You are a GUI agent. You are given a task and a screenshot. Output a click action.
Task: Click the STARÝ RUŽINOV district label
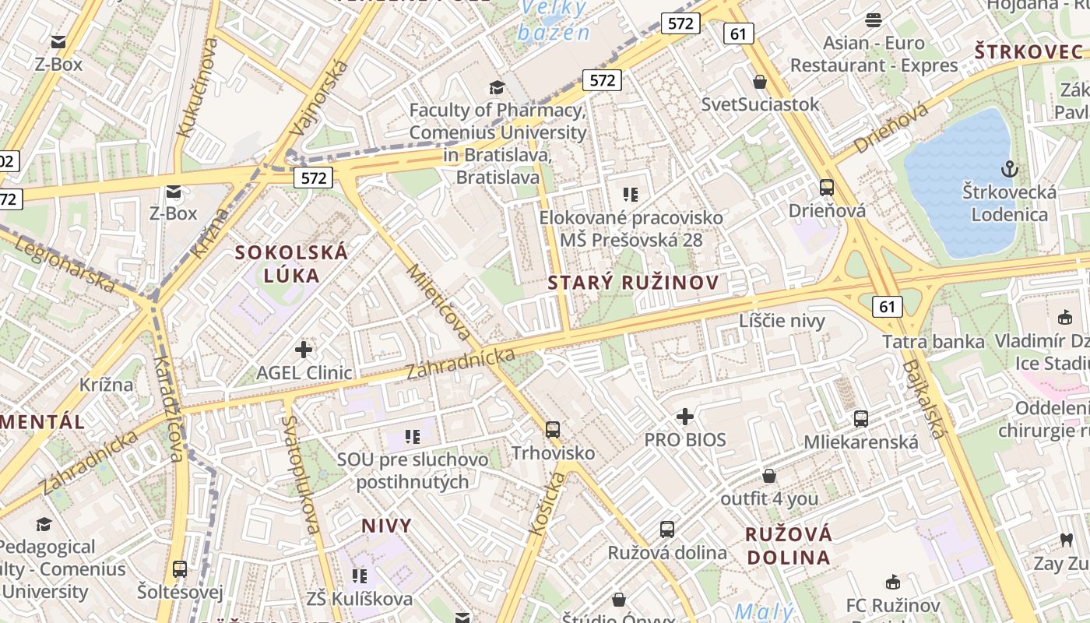point(632,283)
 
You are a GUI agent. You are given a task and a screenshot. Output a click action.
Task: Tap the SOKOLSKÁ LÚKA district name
point(292,264)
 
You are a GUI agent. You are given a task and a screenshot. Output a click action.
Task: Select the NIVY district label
point(386,526)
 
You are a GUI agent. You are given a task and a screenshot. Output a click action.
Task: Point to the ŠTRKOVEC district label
point(1028,52)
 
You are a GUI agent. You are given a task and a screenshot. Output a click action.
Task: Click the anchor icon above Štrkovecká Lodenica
point(1010,168)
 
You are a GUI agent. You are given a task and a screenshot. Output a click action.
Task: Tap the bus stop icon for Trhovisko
point(553,429)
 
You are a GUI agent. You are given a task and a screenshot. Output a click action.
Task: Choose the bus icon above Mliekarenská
point(861,419)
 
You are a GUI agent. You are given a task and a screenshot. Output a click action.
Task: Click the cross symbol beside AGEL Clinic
point(304,350)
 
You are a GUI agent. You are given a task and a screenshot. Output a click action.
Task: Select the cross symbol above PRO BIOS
point(685,417)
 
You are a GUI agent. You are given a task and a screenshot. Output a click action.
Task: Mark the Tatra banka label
point(934,341)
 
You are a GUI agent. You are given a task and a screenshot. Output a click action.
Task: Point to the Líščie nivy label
point(782,321)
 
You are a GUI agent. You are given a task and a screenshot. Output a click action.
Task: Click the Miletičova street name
point(440,303)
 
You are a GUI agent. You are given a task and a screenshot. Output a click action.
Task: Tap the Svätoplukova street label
point(303,474)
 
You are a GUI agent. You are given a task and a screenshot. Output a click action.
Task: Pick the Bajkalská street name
point(924,399)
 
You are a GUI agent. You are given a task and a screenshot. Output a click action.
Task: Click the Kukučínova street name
point(197,87)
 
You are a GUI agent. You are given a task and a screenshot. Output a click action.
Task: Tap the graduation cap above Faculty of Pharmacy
point(497,87)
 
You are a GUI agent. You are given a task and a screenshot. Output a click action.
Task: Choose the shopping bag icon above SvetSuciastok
point(760,82)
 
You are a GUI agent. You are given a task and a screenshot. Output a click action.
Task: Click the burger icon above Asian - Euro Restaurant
point(874,20)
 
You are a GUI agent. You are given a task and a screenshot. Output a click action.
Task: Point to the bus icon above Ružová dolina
point(667,530)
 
